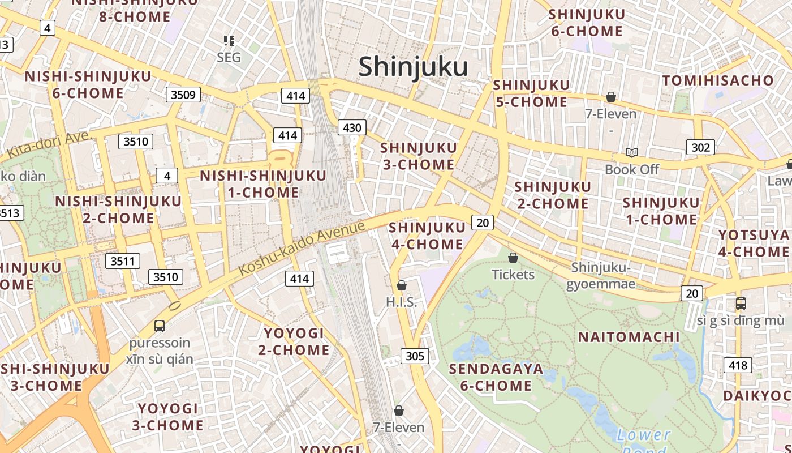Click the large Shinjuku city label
pos(413,67)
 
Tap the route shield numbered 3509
pos(183,95)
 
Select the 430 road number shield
pos(352,128)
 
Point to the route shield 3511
pos(123,261)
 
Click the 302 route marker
pos(700,148)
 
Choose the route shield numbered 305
pos(415,356)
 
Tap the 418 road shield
pos(738,365)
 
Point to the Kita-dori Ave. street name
pos(49,145)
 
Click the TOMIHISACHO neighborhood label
pos(717,80)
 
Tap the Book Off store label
pos(632,169)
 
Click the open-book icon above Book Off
pos(632,153)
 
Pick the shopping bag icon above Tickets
pos(513,258)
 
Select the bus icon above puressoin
pos(160,326)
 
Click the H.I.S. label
pos(401,302)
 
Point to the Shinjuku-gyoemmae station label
pos(601,275)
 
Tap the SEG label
pos(229,57)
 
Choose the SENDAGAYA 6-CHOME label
pos(496,378)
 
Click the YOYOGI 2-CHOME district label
pos(294,341)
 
